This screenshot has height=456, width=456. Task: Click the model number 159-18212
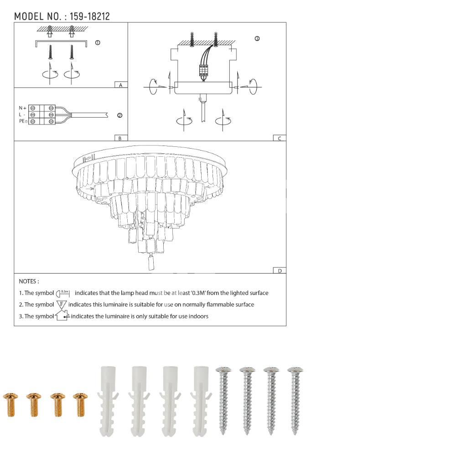click(x=89, y=16)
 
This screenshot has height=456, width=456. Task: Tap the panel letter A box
click(x=121, y=85)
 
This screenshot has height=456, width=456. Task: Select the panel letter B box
click(x=121, y=138)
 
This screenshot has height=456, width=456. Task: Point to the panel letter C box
click(x=280, y=138)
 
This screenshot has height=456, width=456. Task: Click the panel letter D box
click(x=280, y=270)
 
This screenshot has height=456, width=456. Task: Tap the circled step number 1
click(x=98, y=43)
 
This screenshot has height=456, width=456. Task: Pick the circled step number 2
click(x=120, y=115)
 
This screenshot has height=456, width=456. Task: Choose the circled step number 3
click(x=257, y=39)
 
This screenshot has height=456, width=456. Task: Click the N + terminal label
click(x=23, y=108)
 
